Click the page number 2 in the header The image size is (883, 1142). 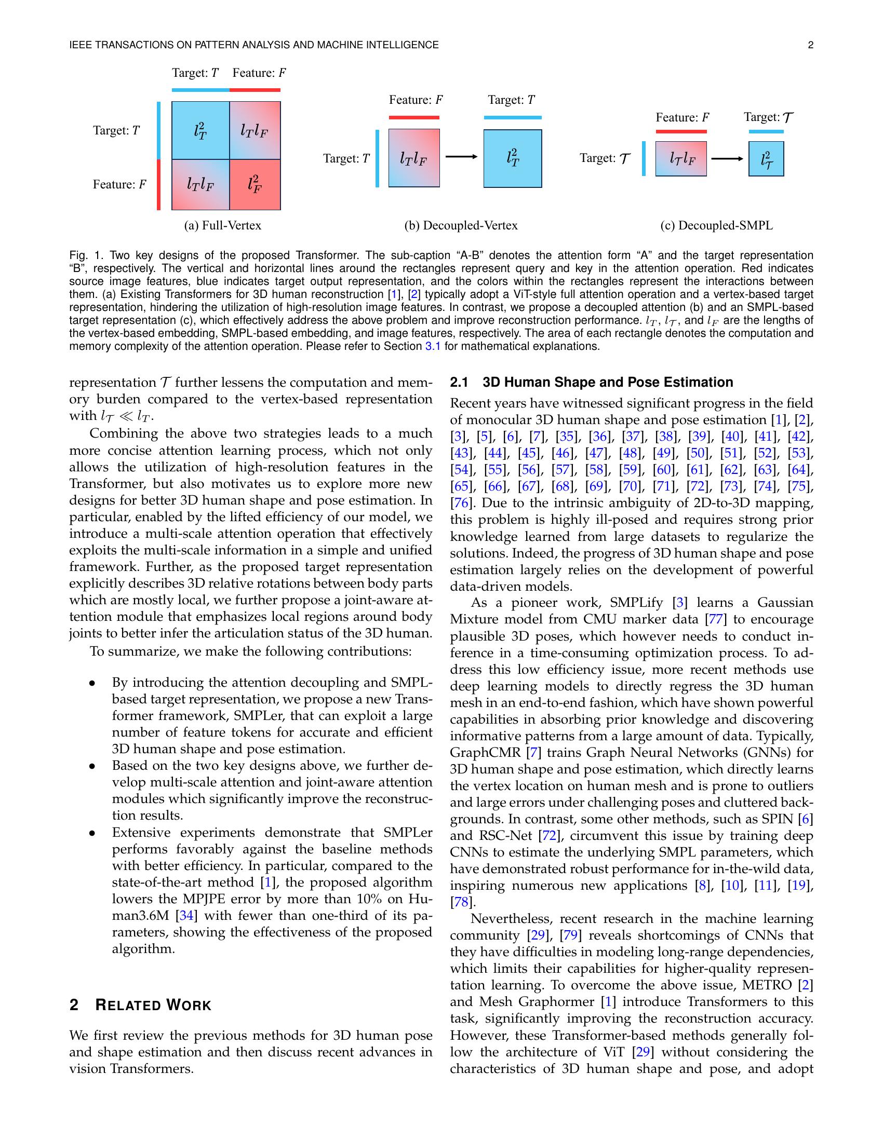tap(810, 46)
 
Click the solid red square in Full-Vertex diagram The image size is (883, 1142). tap(255, 184)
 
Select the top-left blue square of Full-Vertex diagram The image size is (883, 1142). tap(200, 130)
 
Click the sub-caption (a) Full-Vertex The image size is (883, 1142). tap(222, 225)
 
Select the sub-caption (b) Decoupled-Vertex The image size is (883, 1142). tap(461, 225)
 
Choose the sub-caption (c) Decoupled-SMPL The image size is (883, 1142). tap(716, 225)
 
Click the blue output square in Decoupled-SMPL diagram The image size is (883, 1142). tap(766, 159)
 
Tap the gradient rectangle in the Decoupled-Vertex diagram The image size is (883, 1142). tap(414, 158)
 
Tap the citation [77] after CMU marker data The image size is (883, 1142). tap(715, 620)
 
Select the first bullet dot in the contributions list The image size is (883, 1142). tap(92, 684)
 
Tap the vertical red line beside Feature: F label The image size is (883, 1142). tap(158, 185)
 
